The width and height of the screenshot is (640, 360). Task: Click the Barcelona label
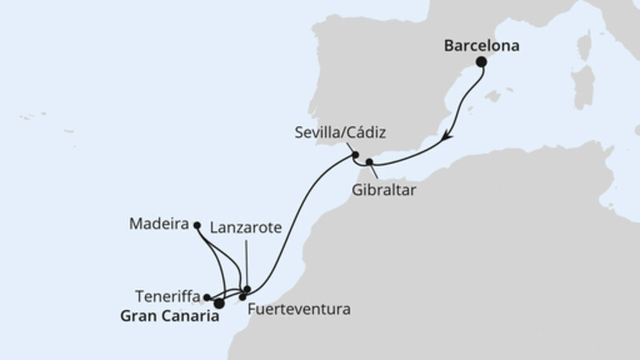click(482, 46)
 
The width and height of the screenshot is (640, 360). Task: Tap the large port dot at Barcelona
click(482, 62)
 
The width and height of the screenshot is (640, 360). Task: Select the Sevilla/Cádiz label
click(333, 130)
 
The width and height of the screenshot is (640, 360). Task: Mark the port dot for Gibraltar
click(369, 162)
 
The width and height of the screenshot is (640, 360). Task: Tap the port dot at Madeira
click(197, 226)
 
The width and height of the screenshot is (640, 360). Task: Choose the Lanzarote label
click(246, 227)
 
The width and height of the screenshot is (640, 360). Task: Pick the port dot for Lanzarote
click(248, 289)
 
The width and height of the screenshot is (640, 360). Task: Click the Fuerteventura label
click(299, 307)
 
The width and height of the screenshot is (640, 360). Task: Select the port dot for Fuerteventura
click(242, 297)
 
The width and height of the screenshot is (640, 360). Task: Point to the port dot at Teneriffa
click(207, 296)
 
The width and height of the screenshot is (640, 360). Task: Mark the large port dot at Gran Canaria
click(218, 303)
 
